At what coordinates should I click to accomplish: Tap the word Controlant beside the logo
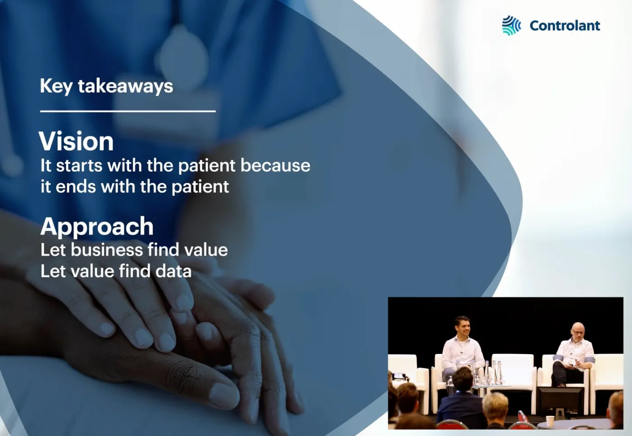pos(565,26)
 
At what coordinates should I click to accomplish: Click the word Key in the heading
pos(56,86)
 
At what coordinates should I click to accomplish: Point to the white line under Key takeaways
pos(128,111)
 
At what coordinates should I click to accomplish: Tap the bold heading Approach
pos(97,227)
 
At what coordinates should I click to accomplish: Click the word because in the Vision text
pos(275,165)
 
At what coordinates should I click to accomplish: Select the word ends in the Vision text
pos(76,186)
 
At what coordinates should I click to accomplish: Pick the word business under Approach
pos(107,250)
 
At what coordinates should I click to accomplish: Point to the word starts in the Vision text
pos(79,165)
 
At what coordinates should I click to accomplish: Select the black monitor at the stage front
pos(560,401)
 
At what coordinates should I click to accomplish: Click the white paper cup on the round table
pos(550,421)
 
